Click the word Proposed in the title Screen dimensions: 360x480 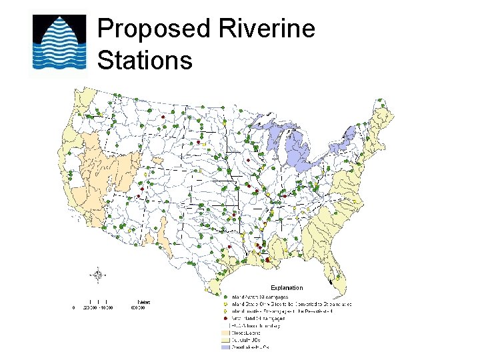pos(153,30)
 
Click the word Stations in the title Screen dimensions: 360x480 pos(145,60)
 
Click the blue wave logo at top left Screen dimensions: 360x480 pos(59,42)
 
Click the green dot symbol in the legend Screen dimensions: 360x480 pos(225,297)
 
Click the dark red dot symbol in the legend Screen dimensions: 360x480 pos(225,319)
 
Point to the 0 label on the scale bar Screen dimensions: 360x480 pos(74,308)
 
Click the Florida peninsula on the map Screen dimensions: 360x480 pos(336,267)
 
